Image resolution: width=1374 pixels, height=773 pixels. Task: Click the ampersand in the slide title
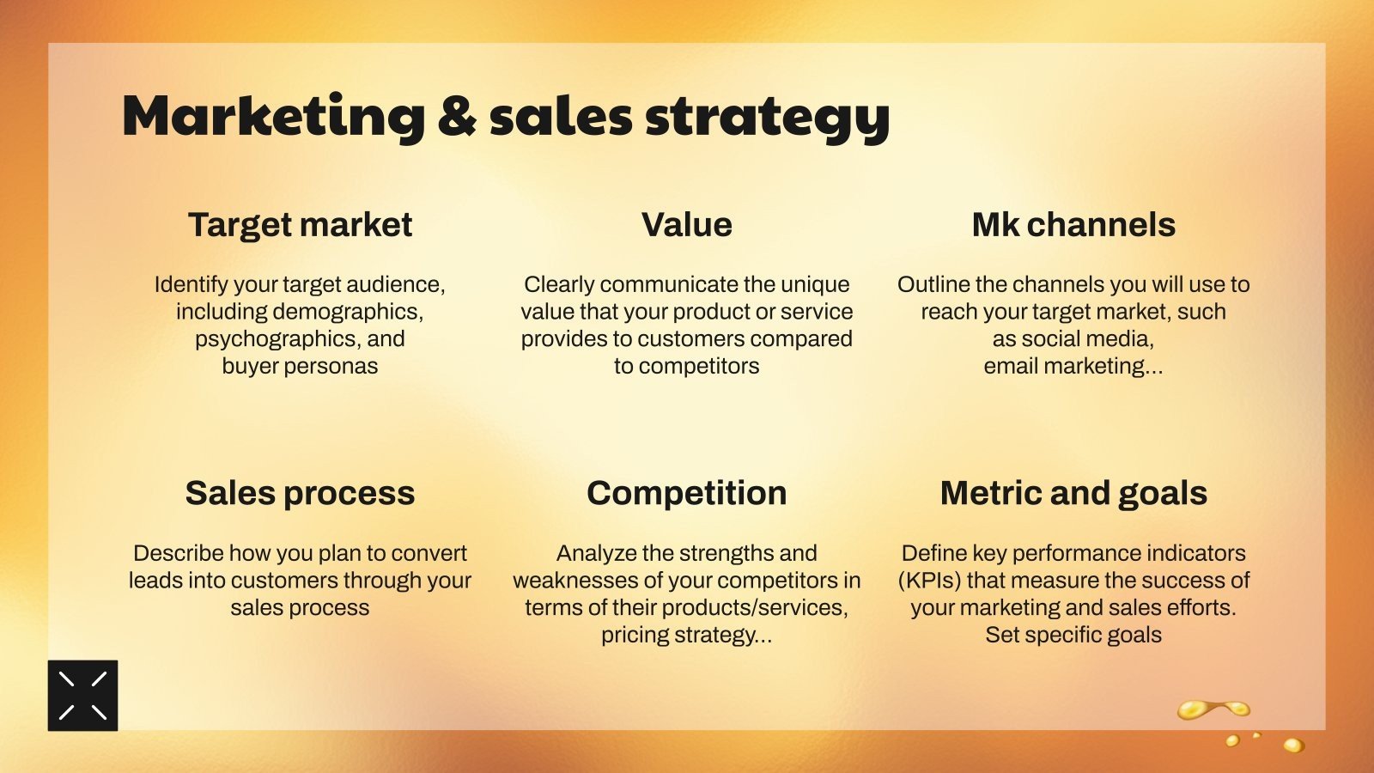(x=457, y=115)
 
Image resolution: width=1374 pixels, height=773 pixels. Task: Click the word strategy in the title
(x=768, y=118)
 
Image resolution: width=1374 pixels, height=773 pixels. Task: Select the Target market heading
(x=300, y=224)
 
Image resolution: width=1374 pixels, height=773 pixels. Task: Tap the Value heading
(x=687, y=224)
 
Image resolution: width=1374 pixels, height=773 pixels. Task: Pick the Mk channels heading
(x=1073, y=224)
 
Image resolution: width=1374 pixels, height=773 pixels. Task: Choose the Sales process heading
(x=300, y=493)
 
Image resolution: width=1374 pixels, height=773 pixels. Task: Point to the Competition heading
(x=687, y=493)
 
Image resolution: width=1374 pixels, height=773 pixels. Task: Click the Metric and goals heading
(x=1073, y=493)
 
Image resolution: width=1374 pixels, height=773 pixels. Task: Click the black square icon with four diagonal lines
(x=82, y=695)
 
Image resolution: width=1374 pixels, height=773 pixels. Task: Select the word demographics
(x=347, y=313)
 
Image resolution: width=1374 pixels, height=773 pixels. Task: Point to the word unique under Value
(x=815, y=285)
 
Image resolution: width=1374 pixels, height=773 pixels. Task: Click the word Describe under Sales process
(x=179, y=553)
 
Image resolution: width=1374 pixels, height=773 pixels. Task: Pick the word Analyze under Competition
(x=596, y=554)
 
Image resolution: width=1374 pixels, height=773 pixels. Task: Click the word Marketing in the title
(x=274, y=117)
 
